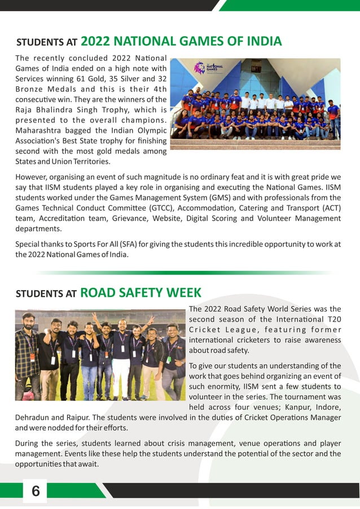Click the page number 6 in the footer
[x=36, y=492]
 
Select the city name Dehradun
[x=33, y=418]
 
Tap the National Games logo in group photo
[x=209, y=68]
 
